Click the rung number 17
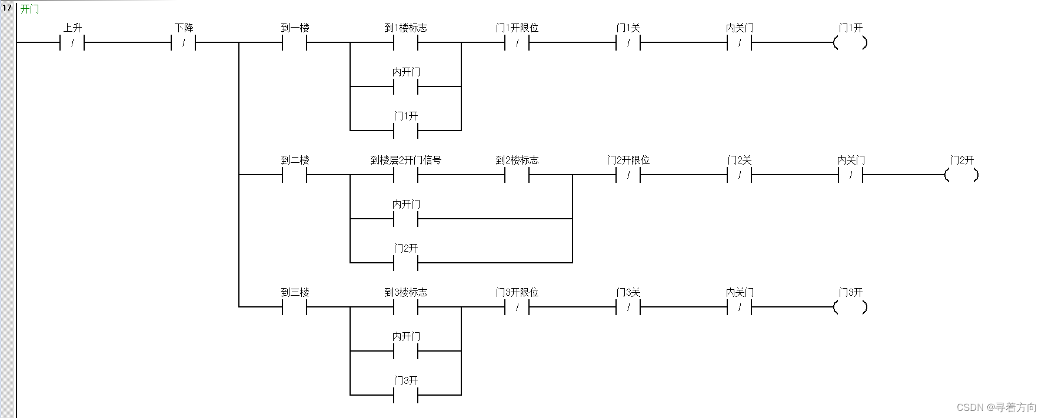[7, 8]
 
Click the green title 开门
[29, 9]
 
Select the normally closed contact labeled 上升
[72, 42]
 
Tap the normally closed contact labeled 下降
[184, 42]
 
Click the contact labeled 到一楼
[295, 42]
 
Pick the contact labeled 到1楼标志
[406, 42]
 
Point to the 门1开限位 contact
[517, 42]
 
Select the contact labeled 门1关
[628, 42]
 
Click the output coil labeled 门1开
[851, 42]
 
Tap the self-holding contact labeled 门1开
[406, 130]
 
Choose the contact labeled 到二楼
[295, 175]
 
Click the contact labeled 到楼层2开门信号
[406, 175]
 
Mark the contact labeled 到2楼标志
[517, 175]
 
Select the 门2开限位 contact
[628, 175]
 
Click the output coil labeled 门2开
[962, 175]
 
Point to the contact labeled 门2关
[740, 175]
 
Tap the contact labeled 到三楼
[295, 307]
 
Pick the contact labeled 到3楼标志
[406, 307]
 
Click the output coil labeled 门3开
[851, 307]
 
